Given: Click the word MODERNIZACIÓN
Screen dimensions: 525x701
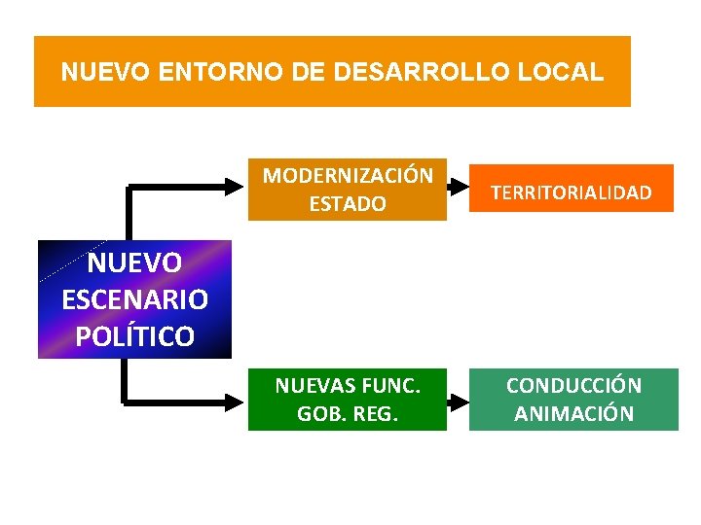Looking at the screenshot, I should pyautogui.click(x=348, y=176).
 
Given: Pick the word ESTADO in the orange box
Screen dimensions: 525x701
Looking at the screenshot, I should pyautogui.click(x=348, y=204).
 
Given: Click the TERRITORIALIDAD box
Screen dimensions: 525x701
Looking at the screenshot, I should pyautogui.click(x=572, y=192).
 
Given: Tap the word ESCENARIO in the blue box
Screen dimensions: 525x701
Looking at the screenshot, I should pyautogui.click(x=134, y=299).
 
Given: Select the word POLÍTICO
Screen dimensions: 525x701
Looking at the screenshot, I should pyautogui.click(x=134, y=335).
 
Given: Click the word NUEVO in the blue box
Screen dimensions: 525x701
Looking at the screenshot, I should pyautogui.click(x=134, y=263).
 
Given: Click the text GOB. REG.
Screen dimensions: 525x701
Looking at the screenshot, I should pyautogui.click(x=348, y=414).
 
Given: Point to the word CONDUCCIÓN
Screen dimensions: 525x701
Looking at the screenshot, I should pyautogui.click(x=573, y=385).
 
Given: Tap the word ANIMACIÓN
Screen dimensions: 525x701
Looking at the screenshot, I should pyautogui.click(x=573, y=413).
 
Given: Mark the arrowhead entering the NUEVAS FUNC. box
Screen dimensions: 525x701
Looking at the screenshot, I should pyautogui.click(x=239, y=399).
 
